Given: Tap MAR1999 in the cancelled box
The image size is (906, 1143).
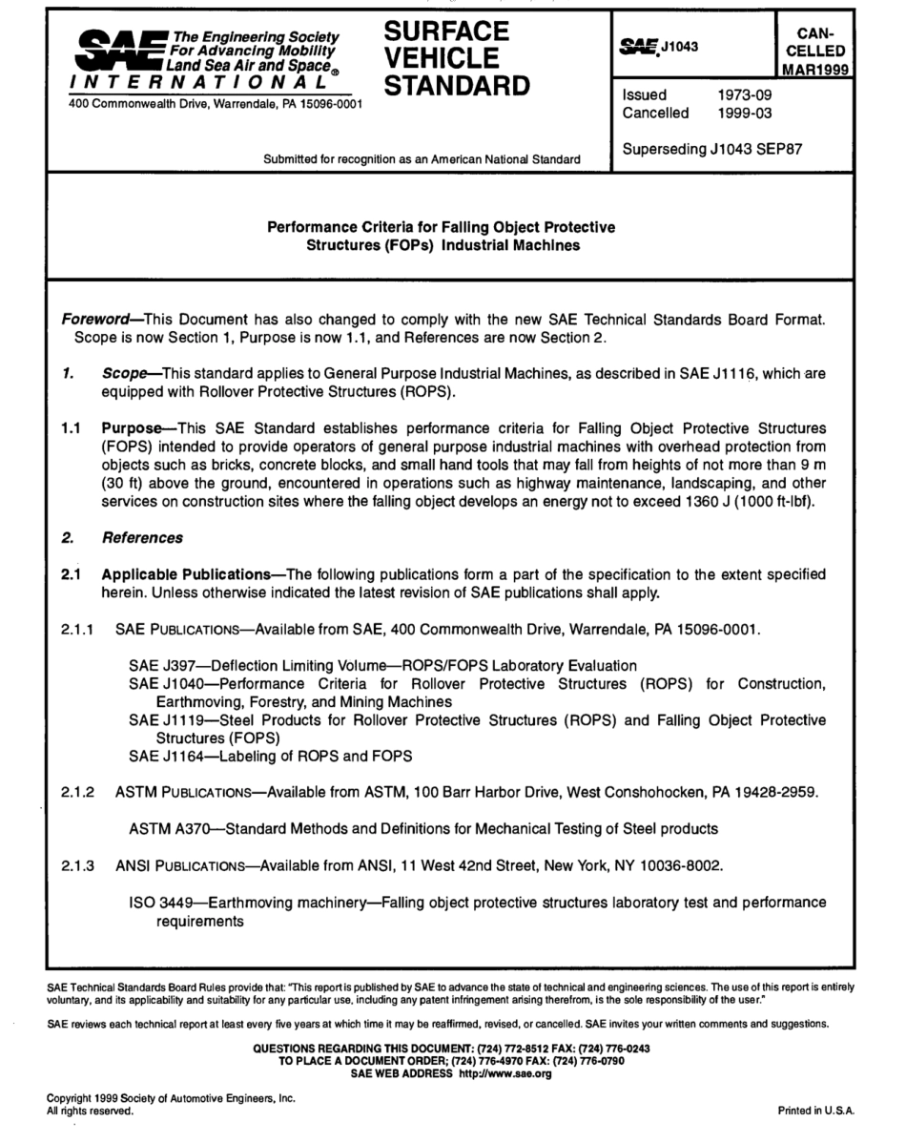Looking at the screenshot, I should (x=814, y=69).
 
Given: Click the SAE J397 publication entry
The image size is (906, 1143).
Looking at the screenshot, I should (x=157, y=664).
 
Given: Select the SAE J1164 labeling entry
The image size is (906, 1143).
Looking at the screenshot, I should (x=157, y=757).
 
